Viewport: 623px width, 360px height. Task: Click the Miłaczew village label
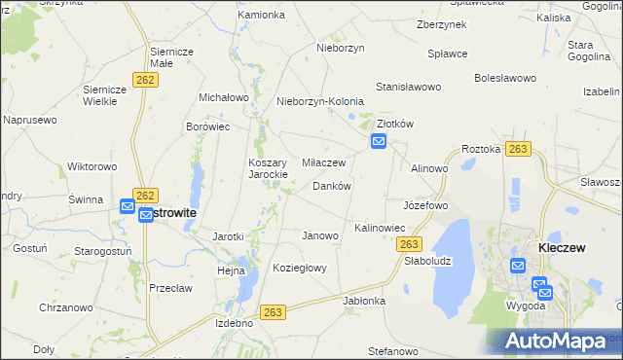coord(324,162)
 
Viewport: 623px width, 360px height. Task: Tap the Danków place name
coord(331,186)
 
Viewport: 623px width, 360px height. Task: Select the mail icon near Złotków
coord(378,143)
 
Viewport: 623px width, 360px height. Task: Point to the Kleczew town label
coord(562,248)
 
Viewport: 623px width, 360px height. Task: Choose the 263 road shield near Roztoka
coord(518,149)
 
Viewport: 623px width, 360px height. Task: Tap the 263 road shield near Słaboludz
coord(410,244)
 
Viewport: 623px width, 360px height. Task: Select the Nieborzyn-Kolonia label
coord(320,101)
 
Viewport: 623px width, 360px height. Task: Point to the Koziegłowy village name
coord(299,268)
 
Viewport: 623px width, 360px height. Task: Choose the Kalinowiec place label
coord(379,228)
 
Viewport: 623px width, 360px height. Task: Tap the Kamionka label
coord(261,16)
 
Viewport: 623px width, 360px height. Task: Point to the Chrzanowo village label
coord(66,307)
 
